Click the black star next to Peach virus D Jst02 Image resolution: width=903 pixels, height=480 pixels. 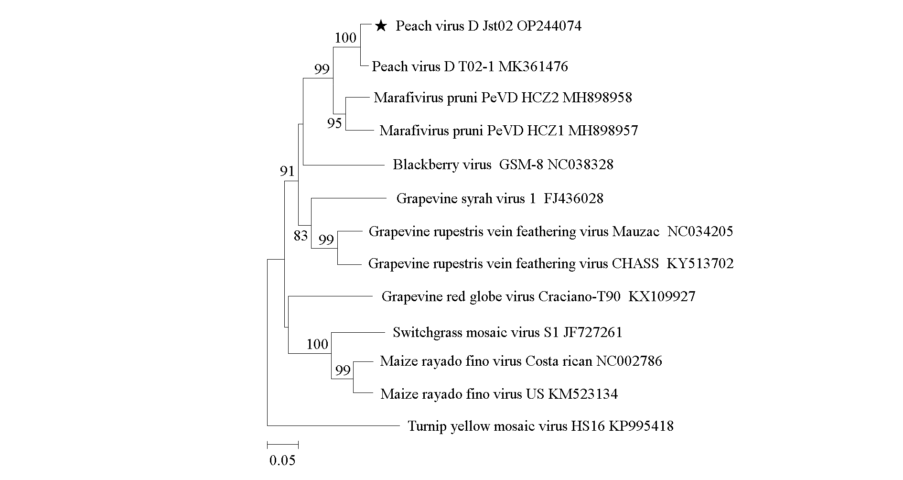pyautogui.click(x=380, y=26)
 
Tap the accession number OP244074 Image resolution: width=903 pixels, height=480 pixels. pyautogui.click(x=549, y=26)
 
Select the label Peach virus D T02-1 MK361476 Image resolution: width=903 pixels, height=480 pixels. pyautogui.click(x=470, y=66)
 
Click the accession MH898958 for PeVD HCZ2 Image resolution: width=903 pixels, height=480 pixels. pyautogui.click(x=597, y=98)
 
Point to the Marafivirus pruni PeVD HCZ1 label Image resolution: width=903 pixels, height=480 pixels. pyautogui.click(x=508, y=131)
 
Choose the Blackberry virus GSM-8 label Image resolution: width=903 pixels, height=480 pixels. pyautogui.click(x=503, y=165)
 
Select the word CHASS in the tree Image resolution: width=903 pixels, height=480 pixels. pyautogui.click(x=635, y=263)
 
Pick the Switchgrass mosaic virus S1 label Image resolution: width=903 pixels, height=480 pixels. pyautogui.click(x=507, y=332)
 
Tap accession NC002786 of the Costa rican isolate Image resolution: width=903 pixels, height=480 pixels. pyautogui.click(x=629, y=361)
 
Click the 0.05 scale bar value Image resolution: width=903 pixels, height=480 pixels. pyautogui.click(x=282, y=461)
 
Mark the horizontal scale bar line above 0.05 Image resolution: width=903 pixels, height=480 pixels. pyautogui.click(x=282, y=445)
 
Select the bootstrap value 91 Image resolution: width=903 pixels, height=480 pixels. pyautogui.click(x=287, y=171)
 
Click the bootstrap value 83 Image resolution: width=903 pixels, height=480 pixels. pyautogui.click(x=301, y=236)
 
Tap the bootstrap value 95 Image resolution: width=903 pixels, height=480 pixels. pyautogui.click(x=334, y=124)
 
